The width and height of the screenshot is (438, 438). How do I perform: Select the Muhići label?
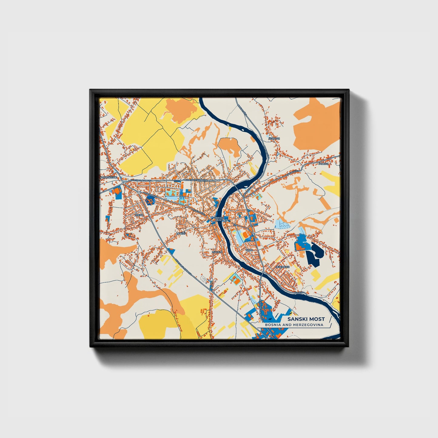181,234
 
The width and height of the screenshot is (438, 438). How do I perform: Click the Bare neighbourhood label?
249,250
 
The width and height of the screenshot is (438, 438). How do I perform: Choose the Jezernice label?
283,267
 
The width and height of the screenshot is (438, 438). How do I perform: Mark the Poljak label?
323,164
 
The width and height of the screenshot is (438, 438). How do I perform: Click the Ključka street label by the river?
300,293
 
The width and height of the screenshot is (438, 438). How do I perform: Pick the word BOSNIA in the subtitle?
272,325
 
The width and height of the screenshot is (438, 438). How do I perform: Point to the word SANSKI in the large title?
296,319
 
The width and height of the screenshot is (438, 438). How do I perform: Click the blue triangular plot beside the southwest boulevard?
171,251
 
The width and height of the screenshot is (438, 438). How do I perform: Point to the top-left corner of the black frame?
90,90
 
